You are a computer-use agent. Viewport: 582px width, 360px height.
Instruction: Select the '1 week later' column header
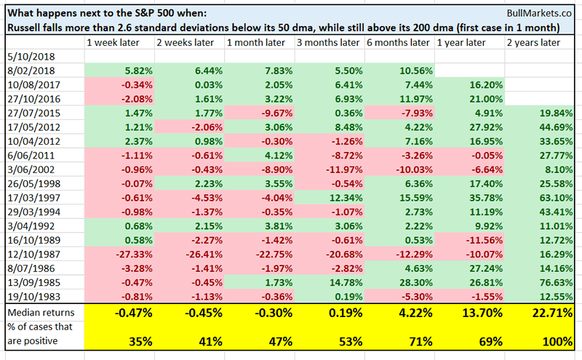click(111, 42)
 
